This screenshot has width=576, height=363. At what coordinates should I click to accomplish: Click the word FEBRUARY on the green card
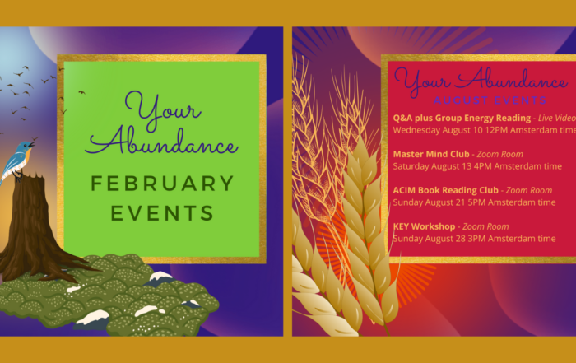[162, 184]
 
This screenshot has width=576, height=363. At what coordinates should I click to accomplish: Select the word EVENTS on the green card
[162, 213]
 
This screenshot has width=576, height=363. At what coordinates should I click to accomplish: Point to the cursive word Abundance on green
[161, 142]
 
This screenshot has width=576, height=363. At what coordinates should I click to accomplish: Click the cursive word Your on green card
[163, 110]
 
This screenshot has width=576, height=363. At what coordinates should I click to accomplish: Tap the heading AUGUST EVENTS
[490, 100]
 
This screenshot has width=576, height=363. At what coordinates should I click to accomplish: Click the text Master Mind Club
[431, 154]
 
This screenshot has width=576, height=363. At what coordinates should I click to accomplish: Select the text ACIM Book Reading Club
[446, 190]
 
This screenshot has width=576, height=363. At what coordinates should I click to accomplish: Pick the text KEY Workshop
[425, 226]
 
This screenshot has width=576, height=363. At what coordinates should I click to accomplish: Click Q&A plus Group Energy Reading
[462, 118]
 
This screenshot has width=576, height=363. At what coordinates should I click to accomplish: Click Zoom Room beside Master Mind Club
[500, 154]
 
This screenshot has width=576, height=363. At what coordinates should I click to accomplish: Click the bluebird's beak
[34, 144]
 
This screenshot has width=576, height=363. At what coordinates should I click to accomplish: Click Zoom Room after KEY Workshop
[485, 226]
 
